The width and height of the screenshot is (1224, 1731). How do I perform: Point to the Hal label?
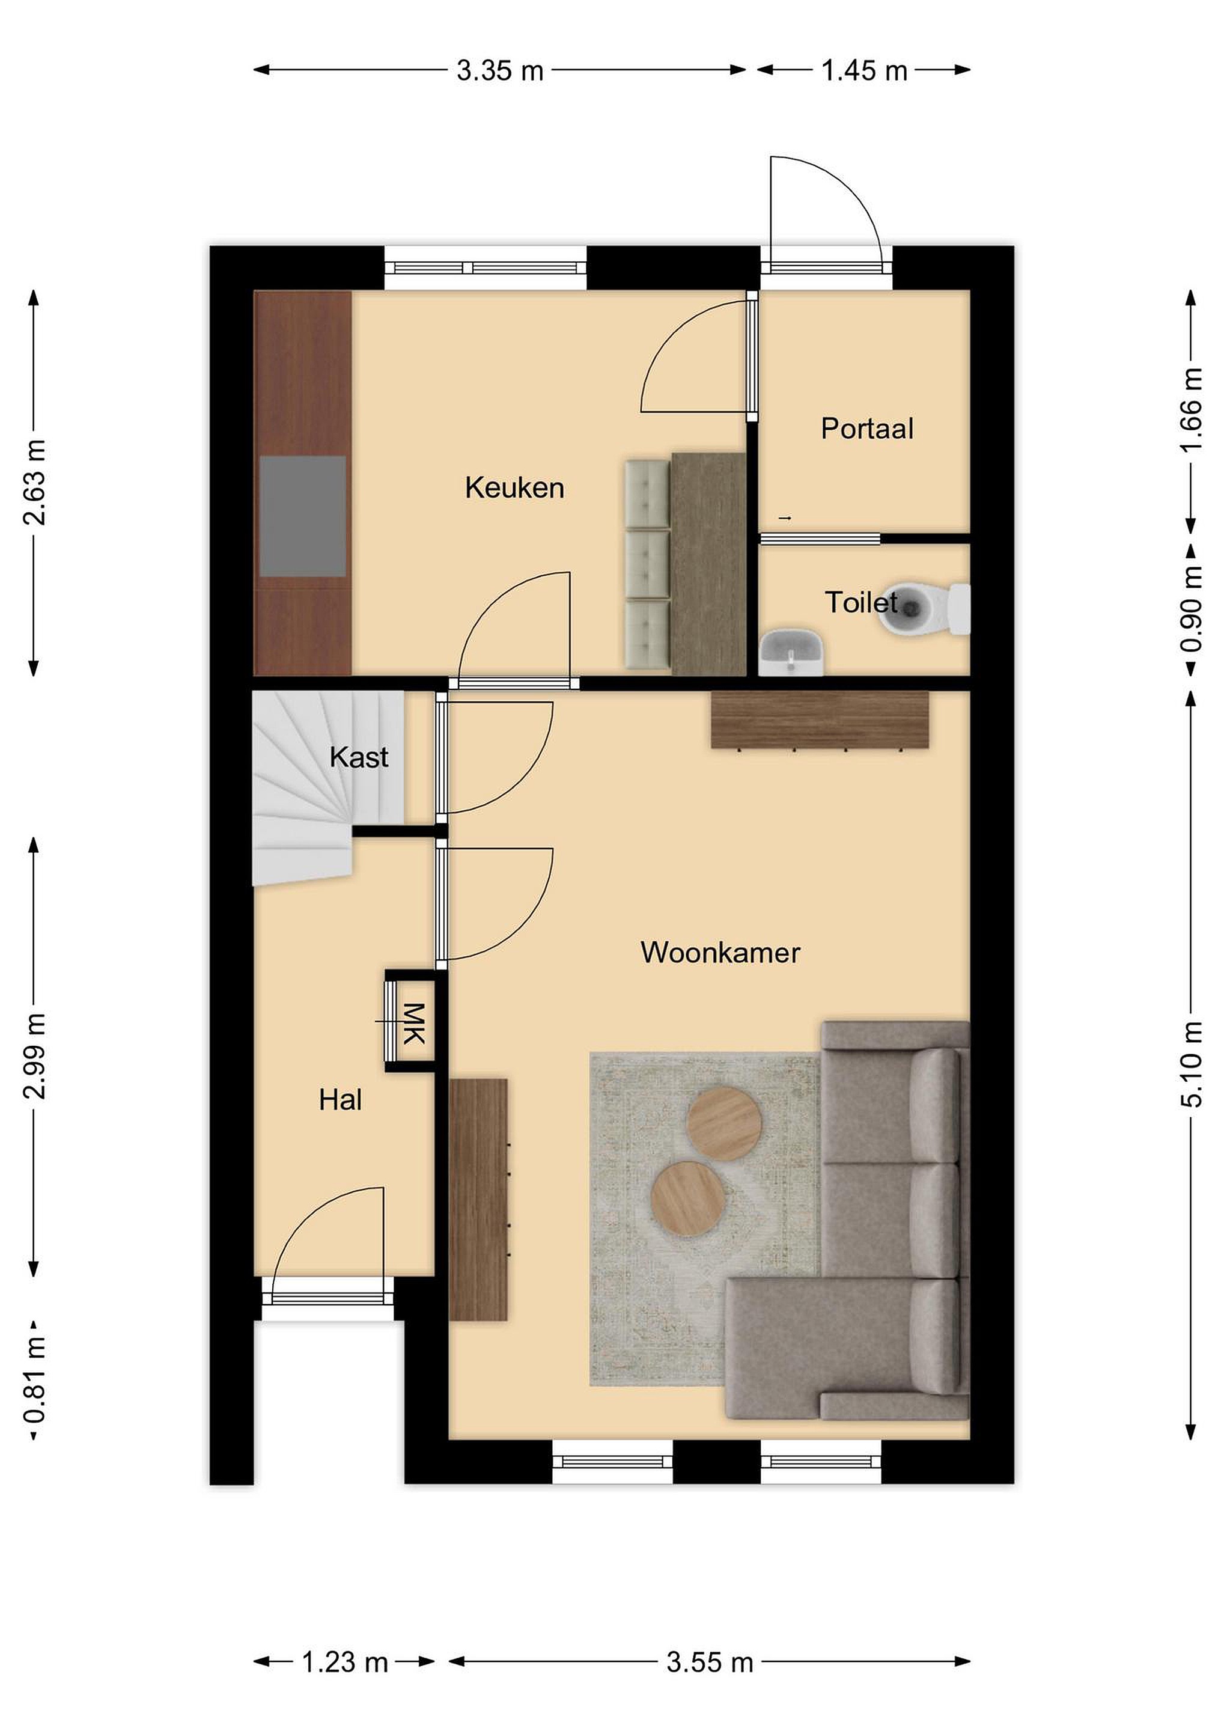point(340,1100)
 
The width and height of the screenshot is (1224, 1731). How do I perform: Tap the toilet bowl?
point(924,608)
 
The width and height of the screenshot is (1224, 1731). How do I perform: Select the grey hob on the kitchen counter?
point(302,516)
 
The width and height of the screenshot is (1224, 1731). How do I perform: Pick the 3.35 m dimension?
point(500,70)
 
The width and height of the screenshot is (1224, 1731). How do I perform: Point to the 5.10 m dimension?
point(1192,1064)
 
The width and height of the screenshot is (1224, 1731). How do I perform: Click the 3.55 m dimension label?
point(710,1662)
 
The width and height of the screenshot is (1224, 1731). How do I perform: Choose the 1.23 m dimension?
point(344,1662)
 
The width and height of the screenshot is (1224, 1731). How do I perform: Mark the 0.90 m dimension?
point(1192,609)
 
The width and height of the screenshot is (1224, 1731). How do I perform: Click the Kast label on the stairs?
point(359,757)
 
